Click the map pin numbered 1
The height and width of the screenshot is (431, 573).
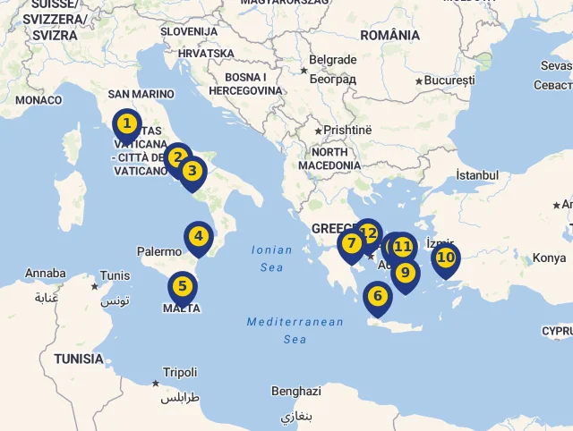pos(127,124)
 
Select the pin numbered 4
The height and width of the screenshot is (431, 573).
pos(198,238)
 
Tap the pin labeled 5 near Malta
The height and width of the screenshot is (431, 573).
pos(182,287)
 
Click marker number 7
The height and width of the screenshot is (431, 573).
pos(351,243)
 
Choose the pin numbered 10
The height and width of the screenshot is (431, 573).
pos(445,258)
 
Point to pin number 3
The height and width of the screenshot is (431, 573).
pos(192,170)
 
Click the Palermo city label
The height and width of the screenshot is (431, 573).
pos(159,252)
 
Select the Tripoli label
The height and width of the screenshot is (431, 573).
pos(180,372)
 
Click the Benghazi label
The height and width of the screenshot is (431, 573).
pos(295,392)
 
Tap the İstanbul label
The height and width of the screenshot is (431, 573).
pos(476,175)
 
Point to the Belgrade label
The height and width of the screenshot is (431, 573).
pos(332,60)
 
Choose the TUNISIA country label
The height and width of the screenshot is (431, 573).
pos(78,359)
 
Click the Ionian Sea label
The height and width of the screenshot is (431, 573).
pos(272,258)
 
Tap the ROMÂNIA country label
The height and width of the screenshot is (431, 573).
pos(389,35)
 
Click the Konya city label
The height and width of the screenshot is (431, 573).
pos(549,258)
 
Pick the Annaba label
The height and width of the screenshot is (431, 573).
pos(45,273)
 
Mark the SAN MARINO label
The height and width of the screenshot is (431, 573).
pos(141,94)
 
